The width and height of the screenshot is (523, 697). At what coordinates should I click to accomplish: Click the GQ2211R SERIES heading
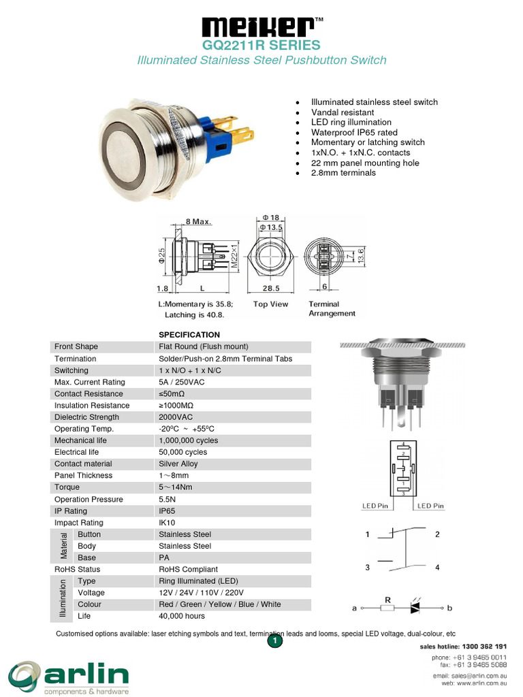click(261, 46)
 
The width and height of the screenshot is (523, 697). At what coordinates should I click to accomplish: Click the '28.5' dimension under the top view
click(271, 289)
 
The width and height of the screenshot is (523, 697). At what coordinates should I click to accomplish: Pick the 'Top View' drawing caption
click(270, 304)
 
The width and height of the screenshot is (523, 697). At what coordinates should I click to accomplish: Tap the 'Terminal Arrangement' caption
click(332, 309)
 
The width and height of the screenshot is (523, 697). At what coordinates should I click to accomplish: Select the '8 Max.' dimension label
click(199, 222)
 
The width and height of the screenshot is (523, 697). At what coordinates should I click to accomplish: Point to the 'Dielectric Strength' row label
click(86, 417)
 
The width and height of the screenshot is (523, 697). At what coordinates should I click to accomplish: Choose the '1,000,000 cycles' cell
click(188, 440)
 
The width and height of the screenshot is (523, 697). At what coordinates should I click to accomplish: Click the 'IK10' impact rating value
click(168, 523)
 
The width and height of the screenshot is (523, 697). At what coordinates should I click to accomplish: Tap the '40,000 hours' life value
click(182, 616)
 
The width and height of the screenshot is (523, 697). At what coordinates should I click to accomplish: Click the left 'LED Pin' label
click(375, 506)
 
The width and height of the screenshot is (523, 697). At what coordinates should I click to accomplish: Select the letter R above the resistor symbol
click(387, 600)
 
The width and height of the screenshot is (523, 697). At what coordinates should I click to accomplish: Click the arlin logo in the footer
click(68, 676)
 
